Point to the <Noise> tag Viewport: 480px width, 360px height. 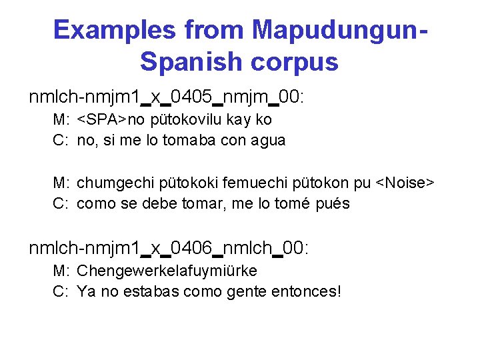pos(405,183)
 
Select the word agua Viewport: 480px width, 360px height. pos(266,140)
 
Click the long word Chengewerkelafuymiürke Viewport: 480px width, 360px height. pos(167,271)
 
